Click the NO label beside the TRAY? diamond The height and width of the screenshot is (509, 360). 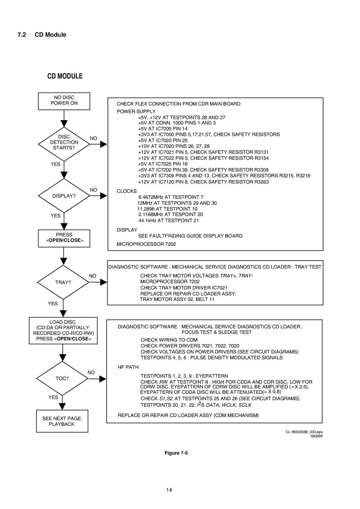(x=93, y=276)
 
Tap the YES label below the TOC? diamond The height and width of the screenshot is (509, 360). (x=53, y=397)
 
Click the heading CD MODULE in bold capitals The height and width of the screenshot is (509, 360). (x=65, y=76)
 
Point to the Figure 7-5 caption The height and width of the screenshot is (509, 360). (x=176, y=453)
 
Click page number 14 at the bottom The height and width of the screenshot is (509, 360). (x=169, y=490)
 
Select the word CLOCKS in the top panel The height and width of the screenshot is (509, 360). (x=127, y=191)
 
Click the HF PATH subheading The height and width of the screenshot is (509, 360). (x=128, y=367)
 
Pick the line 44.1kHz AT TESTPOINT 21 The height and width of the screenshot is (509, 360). (x=168, y=220)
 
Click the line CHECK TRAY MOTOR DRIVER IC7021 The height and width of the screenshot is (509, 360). (x=184, y=288)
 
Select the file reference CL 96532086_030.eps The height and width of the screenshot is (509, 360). (x=304, y=432)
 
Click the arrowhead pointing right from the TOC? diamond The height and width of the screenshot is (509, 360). (x=103, y=379)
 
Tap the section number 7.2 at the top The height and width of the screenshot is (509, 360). (x=22, y=35)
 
